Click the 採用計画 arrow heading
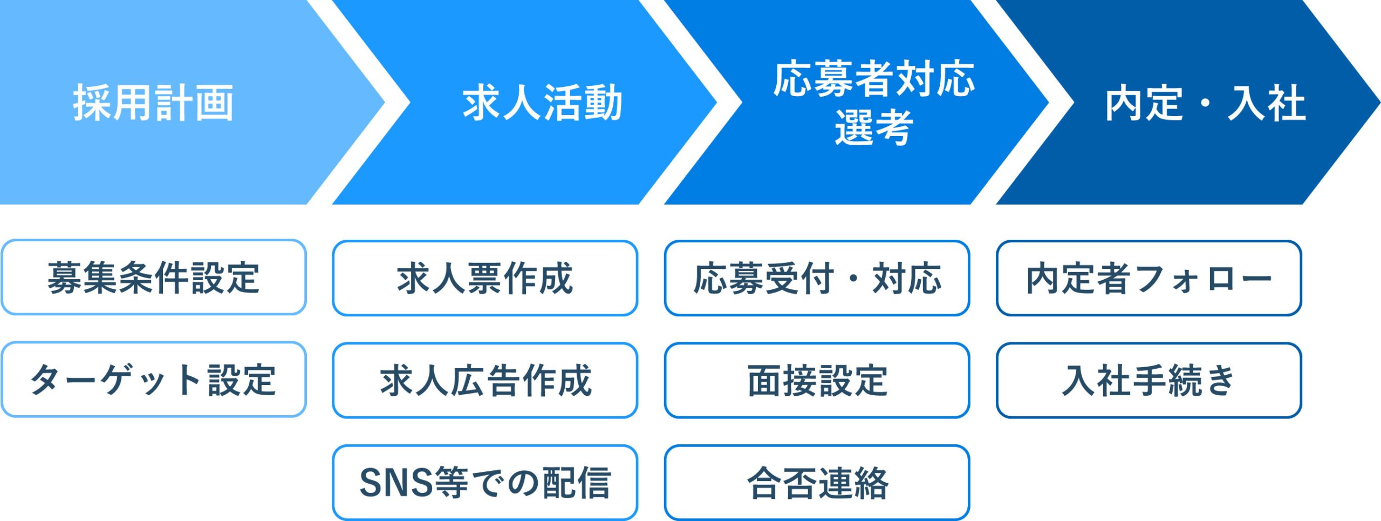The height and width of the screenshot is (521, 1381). pos(153,103)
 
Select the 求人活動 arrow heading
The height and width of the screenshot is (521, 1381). pos(542,103)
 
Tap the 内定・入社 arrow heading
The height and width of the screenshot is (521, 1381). pos(1205,103)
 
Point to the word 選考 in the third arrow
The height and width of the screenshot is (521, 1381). pos(874,127)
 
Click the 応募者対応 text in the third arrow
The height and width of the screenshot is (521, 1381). pos(874,79)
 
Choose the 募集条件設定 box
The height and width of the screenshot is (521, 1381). pos(154,278)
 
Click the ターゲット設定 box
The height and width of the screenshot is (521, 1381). pos(154,380)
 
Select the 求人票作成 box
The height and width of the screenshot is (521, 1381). pos(485,278)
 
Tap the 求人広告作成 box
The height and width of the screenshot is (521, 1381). pos(485,380)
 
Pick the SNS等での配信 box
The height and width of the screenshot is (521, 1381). pos(485,482)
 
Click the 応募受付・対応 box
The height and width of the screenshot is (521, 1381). pos(817,278)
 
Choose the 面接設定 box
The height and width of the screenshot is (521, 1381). pos(817,380)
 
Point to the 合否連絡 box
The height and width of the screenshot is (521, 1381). pos(817,482)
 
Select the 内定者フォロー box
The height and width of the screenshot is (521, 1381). pos(1149,278)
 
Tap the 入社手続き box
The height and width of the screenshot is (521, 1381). pos(1149,380)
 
